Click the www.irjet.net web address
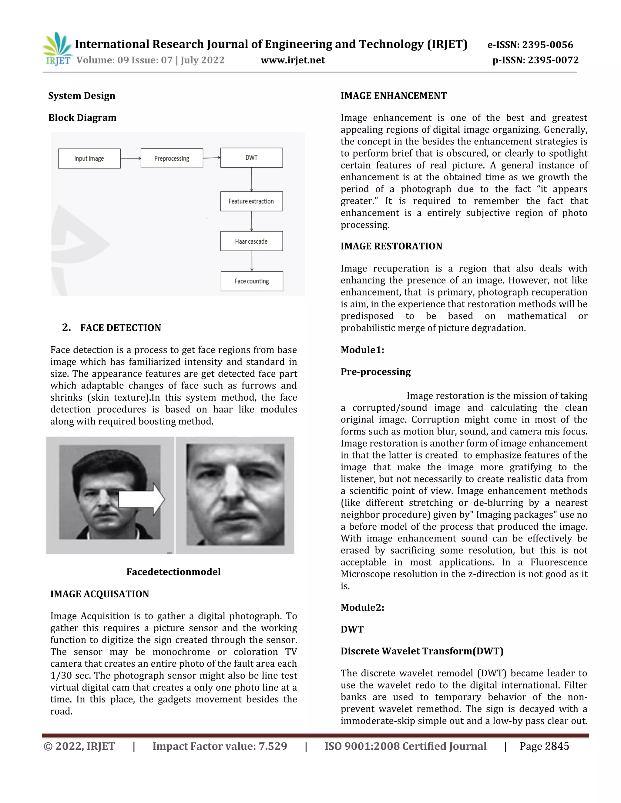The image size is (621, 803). pos(293,60)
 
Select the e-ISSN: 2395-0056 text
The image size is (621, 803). pos(530,45)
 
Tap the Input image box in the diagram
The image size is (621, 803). pos(89,158)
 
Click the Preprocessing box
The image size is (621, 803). pos(172,158)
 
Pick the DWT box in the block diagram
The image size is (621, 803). pos(251,158)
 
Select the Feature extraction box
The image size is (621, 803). pos(251,202)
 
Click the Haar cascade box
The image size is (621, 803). pos(251,241)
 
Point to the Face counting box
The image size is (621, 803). pos(252,281)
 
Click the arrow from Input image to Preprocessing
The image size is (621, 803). pos(131,158)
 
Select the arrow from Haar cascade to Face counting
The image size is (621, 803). pos(252,261)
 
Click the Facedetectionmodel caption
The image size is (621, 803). pos(173,572)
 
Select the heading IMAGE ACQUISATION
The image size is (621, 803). pos(100,594)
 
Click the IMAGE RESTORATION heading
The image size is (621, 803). pos(391,246)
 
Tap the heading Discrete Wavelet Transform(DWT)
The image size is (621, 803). pos(421,651)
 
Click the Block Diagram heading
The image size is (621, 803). pos(82,118)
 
